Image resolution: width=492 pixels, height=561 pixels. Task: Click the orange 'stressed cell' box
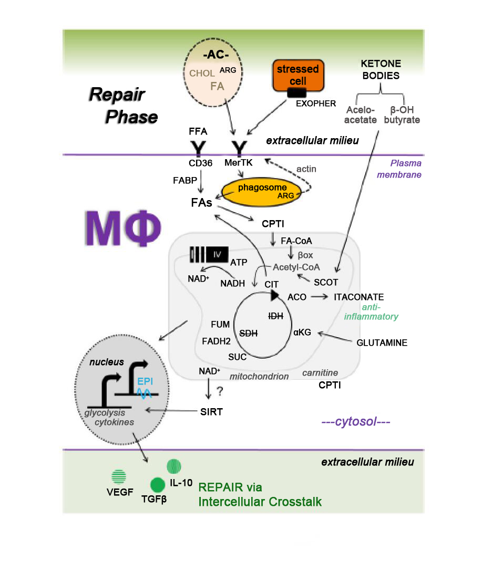(x=298, y=75)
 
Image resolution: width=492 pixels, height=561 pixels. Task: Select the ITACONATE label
(x=358, y=297)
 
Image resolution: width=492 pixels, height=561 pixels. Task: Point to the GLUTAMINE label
(x=382, y=342)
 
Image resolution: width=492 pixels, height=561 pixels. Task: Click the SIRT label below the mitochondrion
(x=212, y=412)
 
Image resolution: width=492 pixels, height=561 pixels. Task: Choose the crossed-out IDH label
(x=275, y=316)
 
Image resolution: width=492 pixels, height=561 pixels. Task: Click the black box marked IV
(x=218, y=255)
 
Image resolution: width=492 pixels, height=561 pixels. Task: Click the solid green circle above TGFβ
(x=158, y=484)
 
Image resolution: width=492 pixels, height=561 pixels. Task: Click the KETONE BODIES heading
(x=381, y=69)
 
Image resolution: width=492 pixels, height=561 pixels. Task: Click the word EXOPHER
(x=315, y=103)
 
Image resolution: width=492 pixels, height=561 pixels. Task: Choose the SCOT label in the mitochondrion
(x=326, y=282)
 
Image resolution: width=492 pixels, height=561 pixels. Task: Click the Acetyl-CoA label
(x=296, y=267)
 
